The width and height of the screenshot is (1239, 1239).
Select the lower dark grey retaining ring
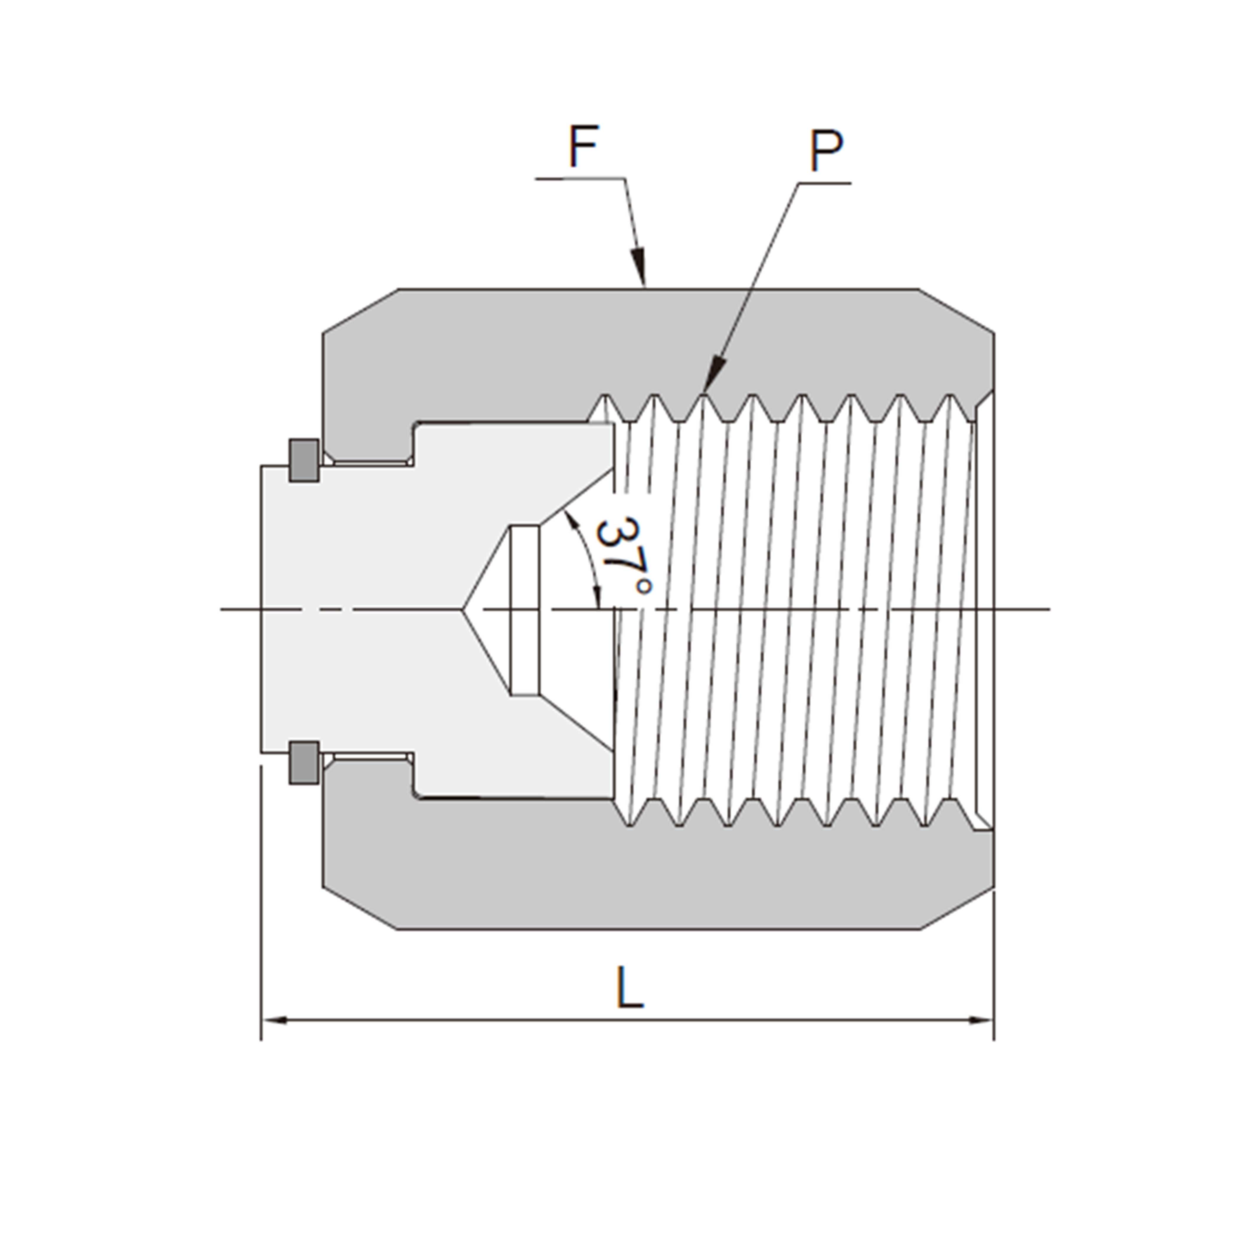pyautogui.click(x=304, y=763)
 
